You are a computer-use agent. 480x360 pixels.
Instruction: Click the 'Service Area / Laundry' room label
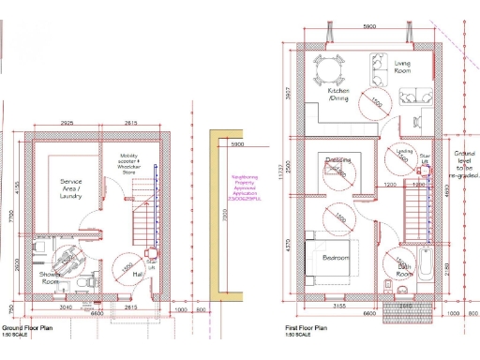(73, 187)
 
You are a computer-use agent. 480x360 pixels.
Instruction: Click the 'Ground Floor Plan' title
(27, 329)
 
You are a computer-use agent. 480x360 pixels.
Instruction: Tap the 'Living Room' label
(403, 67)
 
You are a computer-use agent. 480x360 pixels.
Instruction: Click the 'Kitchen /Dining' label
(338, 95)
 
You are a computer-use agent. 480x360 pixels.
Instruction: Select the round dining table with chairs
(330, 69)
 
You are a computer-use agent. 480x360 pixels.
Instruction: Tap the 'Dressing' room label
(339, 160)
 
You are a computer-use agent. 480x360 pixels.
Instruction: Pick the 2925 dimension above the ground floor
(67, 123)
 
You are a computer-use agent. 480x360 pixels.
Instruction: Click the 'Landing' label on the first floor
(405, 151)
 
